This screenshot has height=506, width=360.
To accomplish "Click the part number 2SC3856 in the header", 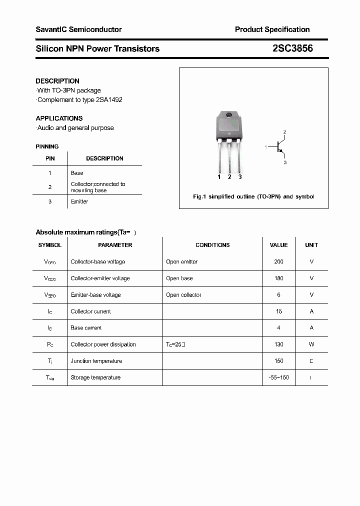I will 293,48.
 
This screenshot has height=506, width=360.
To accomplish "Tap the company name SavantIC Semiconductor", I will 78,29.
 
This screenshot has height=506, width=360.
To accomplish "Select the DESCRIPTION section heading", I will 57,81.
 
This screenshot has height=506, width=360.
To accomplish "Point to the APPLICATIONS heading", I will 59,118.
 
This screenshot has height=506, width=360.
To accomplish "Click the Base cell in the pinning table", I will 77,173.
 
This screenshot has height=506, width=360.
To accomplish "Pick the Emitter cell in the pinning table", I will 79,201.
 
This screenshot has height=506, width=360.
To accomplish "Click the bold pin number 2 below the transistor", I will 229,177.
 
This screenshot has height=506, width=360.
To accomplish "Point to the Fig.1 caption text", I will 253,196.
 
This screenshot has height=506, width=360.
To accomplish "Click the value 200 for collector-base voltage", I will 278,261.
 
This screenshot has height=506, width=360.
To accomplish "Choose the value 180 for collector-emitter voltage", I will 278,278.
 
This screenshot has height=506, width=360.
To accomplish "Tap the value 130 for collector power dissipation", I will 278,344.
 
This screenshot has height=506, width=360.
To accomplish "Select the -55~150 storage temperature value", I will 278,377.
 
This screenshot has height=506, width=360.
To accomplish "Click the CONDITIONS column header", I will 212,245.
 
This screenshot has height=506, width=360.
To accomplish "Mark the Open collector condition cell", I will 183,295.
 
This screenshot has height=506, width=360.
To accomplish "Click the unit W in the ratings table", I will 311,344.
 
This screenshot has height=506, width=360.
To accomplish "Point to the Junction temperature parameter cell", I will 96,361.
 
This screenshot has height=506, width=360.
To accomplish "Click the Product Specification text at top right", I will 272,29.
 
